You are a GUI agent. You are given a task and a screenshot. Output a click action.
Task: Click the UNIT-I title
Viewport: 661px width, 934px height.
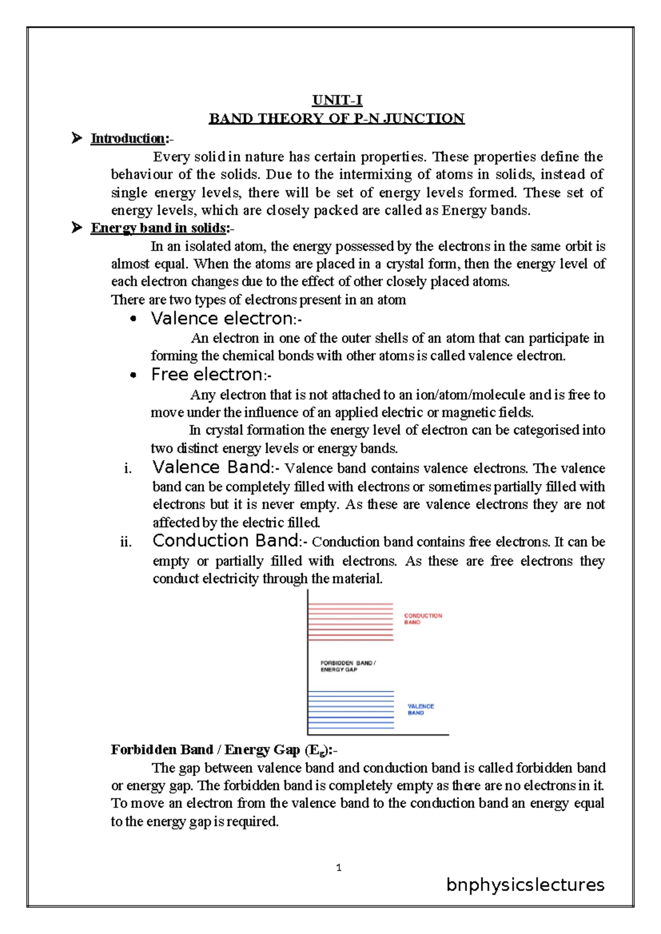coord(337,100)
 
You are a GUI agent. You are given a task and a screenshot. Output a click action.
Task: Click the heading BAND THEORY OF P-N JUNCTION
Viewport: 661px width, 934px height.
coord(337,118)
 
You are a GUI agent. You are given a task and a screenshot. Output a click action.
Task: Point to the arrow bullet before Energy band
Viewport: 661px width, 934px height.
coord(77,227)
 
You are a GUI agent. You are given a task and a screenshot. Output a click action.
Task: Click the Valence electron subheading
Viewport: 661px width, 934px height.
coord(222,318)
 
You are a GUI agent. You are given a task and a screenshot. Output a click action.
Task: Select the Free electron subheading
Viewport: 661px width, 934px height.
coord(207,374)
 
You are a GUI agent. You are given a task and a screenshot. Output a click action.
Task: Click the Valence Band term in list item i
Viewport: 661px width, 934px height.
coord(212,468)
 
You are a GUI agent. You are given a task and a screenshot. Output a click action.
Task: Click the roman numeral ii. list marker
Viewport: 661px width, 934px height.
coord(126,542)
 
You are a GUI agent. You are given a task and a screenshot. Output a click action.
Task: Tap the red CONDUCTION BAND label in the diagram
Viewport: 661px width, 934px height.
coord(422,619)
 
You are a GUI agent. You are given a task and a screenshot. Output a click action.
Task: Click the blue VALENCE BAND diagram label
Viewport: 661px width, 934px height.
coord(420,709)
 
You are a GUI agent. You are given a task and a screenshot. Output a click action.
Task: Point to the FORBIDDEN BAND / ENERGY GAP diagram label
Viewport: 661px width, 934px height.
coord(348,666)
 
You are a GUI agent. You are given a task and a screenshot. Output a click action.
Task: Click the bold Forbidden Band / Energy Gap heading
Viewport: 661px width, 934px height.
coord(220,750)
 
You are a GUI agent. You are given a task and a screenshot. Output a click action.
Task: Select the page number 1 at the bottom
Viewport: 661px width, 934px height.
coord(338,868)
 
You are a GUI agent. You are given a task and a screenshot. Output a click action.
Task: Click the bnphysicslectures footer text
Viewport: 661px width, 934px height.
coord(525,885)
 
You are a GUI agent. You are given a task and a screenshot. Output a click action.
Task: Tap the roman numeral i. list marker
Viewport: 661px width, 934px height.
coord(128,469)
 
